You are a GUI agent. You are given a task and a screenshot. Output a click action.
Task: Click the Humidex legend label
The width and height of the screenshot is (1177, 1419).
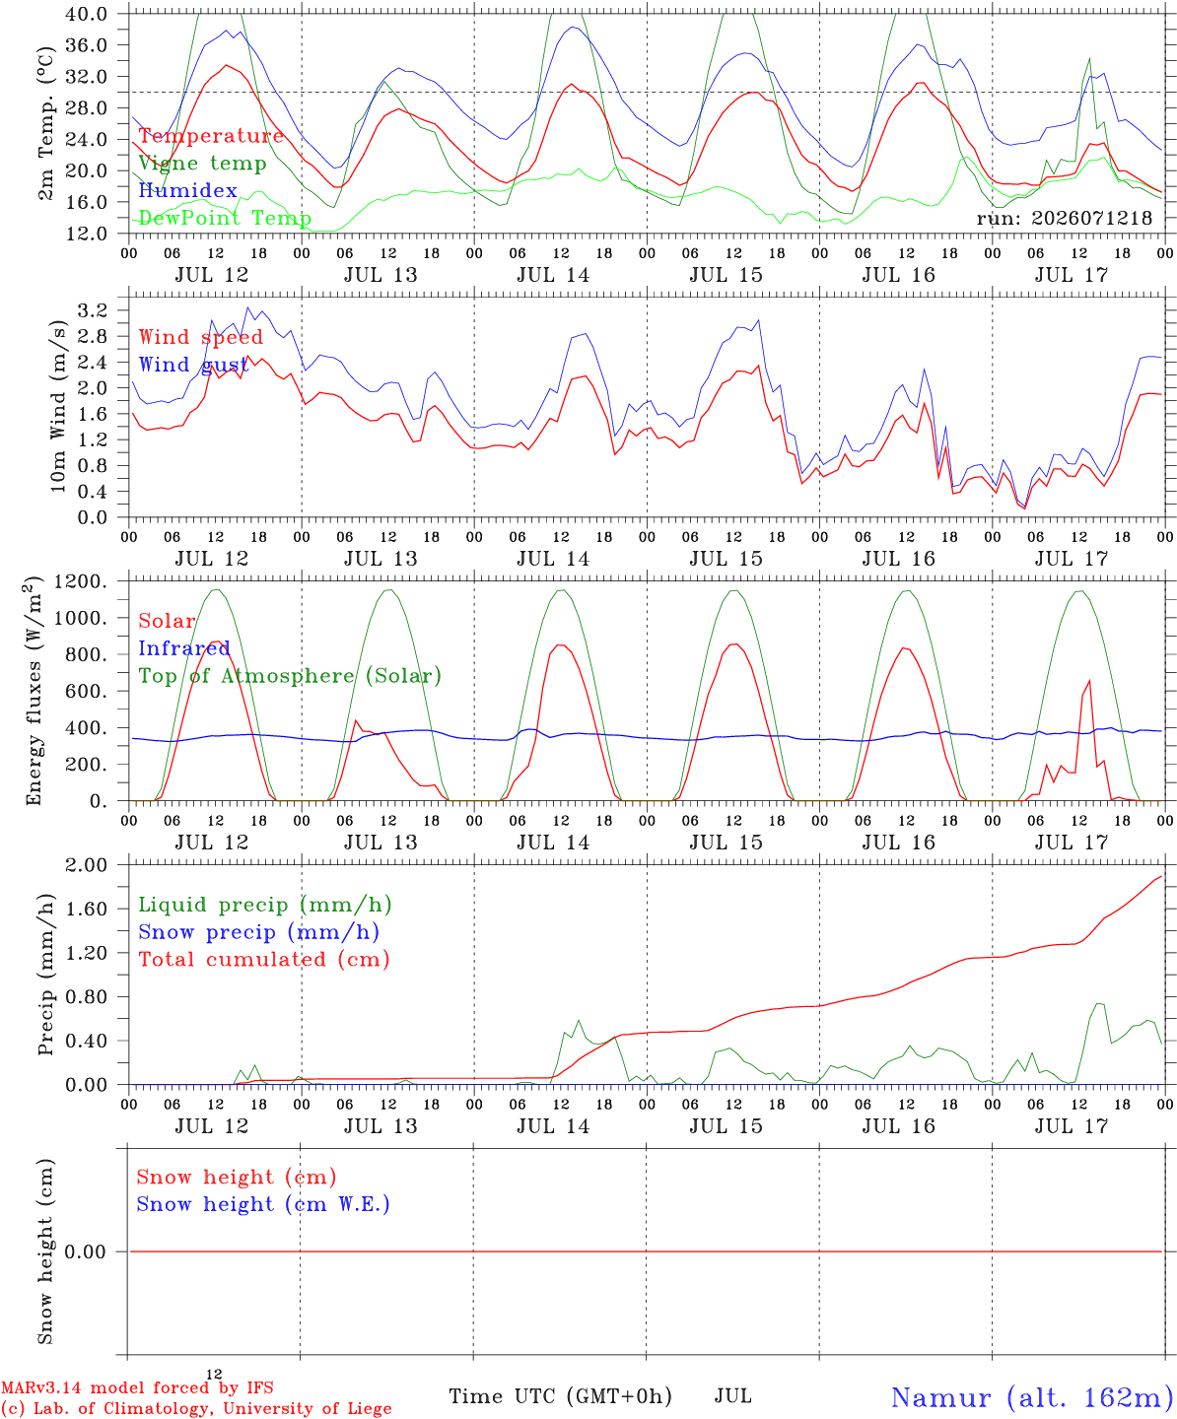pyautogui.click(x=187, y=190)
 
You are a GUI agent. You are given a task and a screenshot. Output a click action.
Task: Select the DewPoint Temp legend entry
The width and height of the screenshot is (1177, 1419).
pyautogui.click(x=225, y=218)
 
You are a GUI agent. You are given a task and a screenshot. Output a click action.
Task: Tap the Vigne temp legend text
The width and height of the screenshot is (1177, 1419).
pyautogui.click(x=203, y=164)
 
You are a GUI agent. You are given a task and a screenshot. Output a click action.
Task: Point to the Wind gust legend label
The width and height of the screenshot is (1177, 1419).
pyautogui.click(x=193, y=365)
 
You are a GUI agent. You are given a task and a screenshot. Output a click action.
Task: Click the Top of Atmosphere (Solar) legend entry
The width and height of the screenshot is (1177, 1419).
pyautogui.click(x=291, y=676)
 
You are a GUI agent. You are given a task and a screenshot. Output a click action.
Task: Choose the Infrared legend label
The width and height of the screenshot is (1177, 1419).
pyautogui.click(x=184, y=648)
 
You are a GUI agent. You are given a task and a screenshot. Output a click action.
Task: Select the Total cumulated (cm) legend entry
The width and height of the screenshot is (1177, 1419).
pyautogui.click(x=264, y=959)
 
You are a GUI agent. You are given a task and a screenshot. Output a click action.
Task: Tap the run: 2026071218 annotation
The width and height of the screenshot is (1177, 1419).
pyautogui.click(x=1064, y=218)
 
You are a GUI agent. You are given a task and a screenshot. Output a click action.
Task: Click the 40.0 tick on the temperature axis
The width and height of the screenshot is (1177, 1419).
pyautogui.click(x=87, y=14)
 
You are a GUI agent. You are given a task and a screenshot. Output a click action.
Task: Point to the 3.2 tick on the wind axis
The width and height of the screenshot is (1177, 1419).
pyautogui.click(x=93, y=310)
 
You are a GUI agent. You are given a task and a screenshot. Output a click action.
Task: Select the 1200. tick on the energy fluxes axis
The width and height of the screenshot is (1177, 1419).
pyautogui.click(x=81, y=581)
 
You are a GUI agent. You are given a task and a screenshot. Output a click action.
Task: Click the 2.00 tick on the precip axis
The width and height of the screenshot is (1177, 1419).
pyautogui.click(x=87, y=865)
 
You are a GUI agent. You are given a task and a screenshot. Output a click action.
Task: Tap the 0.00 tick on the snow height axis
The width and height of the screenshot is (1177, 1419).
pyautogui.click(x=86, y=1251)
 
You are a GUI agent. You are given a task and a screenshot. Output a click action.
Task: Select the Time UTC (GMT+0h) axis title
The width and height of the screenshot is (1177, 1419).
pyautogui.click(x=560, y=1396)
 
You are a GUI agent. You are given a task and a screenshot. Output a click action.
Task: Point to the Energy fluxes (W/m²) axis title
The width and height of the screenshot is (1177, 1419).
pyautogui.click(x=34, y=691)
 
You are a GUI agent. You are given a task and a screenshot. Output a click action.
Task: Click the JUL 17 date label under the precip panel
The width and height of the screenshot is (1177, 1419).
pyautogui.click(x=1072, y=1126)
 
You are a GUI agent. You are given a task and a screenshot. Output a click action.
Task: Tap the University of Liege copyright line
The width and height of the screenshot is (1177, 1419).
pyautogui.click(x=196, y=1408)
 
